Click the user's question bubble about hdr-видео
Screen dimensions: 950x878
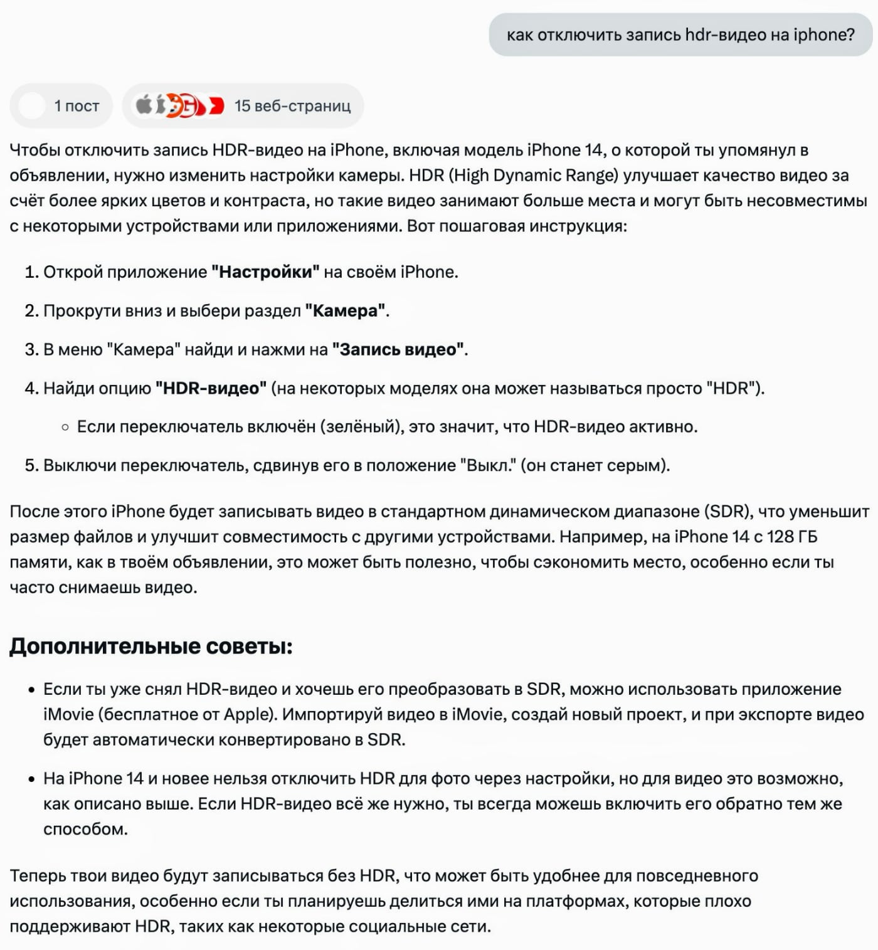pos(680,34)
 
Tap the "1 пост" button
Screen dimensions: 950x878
pos(61,106)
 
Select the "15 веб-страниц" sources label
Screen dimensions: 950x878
pos(292,106)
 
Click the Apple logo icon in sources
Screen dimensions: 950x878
pos(144,105)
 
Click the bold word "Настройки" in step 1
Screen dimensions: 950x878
pos(265,272)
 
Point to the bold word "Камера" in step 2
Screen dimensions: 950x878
pos(345,311)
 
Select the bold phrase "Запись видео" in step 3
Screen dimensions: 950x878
pos(398,350)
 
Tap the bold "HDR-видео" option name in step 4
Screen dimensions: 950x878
pos(211,389)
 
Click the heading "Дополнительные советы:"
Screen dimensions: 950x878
pos(151,647)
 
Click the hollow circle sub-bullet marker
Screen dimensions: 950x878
pos(65,428)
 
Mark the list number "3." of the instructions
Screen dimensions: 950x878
pos(31,350)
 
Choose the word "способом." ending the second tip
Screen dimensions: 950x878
pos(85,830)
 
